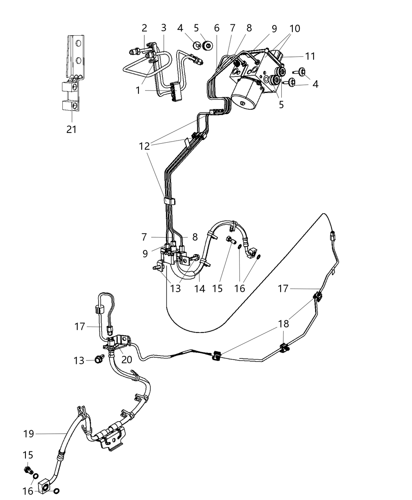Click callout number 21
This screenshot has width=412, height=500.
coord(71,129)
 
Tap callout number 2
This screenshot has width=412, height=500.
coord(144,28)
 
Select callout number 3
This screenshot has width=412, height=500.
coord(164,28)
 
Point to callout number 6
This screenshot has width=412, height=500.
coord(217,28)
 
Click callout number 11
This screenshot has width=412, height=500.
coord(310,56)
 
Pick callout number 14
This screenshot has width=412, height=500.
coord(199,289)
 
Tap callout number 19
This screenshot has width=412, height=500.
coord(29,434)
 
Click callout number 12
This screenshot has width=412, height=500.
coord(144,146)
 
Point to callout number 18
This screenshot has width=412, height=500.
coord(283,324)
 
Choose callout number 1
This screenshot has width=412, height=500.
coord(138,91)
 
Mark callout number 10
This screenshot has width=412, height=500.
coord(294,28)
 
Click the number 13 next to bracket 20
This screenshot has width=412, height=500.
coord(79,360)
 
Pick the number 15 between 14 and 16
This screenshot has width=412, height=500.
coord(217,289)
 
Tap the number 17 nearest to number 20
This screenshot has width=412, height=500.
coord(80,326)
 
